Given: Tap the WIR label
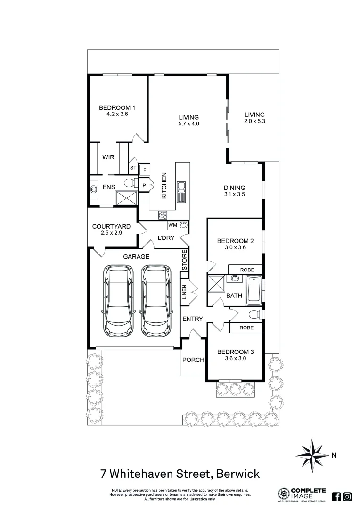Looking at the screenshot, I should point(109,157).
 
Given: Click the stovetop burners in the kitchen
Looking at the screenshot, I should point(163,214).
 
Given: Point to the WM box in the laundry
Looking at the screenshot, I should point(172,225).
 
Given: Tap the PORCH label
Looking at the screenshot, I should point(193,360).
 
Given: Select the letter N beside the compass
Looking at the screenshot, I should point(334,455).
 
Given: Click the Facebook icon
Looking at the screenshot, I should point(336,496).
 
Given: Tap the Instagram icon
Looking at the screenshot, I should point(347,496).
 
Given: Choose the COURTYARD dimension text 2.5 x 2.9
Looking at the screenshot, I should point(111,233).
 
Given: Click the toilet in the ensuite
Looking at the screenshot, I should point(129,184).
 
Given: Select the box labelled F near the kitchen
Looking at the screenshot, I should point(145,169).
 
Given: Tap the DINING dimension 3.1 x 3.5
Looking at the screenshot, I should point(235,194).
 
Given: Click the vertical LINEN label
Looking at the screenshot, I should point(185,292).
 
